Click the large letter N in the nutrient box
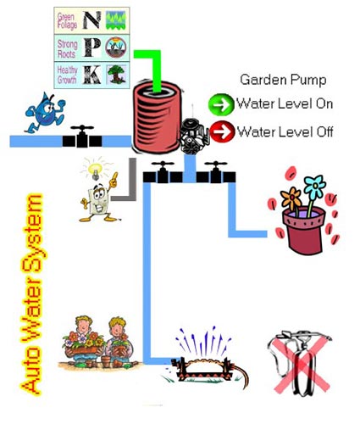coord(91,20)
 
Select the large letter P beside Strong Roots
coord(92,47)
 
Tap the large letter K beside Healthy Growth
coord(92,75)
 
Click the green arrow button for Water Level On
coord(221,104)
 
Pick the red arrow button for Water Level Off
coord(222,131)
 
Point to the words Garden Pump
coord(283,80)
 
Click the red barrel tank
coord(158,117)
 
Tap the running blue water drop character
coord(45,113)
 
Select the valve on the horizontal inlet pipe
coord(82,137)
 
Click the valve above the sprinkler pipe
coord(163,173)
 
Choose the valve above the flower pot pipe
coord(216,173)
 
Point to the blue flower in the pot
coord(314,187)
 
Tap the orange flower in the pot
coord(291,198)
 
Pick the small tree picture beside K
coord(116,75)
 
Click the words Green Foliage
coord(67,20)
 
